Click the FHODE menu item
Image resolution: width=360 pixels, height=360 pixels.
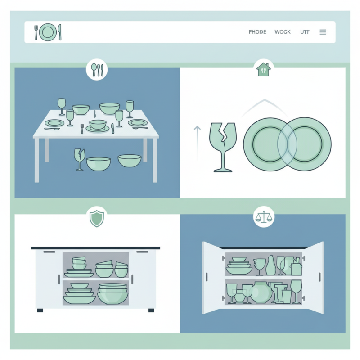tap(257, 32)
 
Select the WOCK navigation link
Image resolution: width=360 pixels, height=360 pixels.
tap(283, 32)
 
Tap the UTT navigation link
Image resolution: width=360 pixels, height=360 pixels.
tap(305, 32)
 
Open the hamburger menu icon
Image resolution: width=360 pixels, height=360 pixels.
tap(323, 32)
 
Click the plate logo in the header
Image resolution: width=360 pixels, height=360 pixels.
tap(48, 32)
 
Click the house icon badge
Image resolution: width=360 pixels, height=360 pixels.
tap(263, 69)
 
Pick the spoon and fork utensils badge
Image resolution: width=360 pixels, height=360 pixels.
tap(97, 69)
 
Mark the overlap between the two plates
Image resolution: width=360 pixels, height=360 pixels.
tap(287, 144)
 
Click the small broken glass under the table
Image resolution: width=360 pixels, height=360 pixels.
tap(79, 159)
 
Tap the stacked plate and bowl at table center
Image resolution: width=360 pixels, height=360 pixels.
tap(98, 126)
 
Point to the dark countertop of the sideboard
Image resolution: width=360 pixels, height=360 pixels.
tap(95, 248)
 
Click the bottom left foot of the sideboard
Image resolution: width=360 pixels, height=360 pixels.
tap(40, 310)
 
